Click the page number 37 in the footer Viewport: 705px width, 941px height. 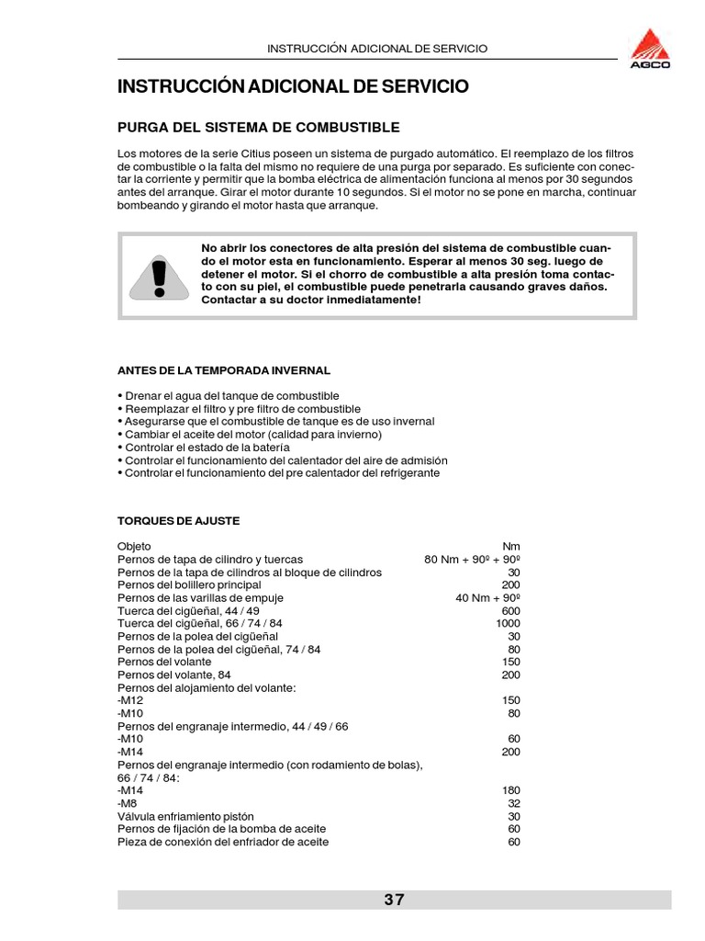click(394, 900)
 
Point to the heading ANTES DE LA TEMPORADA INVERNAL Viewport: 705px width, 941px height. click(224, 369)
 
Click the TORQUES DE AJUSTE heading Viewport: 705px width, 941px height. click(178, 520)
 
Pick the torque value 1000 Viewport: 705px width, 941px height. click(508, 623)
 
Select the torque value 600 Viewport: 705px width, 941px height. click(511, 610)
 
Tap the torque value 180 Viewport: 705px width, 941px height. click(511, 790)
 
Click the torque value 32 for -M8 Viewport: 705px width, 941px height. click(514, 803)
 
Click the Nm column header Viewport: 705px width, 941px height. click(512, 546)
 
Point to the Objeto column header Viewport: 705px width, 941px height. click(135, 546)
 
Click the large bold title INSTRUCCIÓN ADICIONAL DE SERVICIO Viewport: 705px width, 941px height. click(293, 87)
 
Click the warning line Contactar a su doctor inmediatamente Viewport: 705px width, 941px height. click(311, 300)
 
